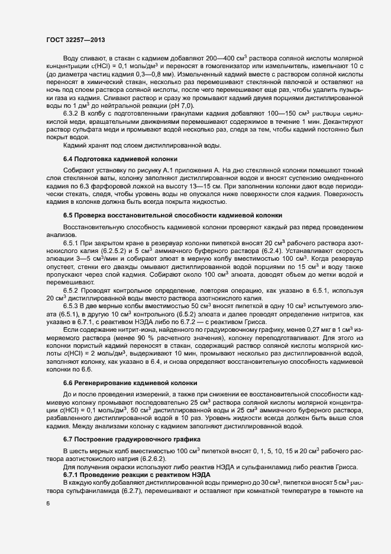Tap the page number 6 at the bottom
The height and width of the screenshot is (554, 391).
tap(48, 504)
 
